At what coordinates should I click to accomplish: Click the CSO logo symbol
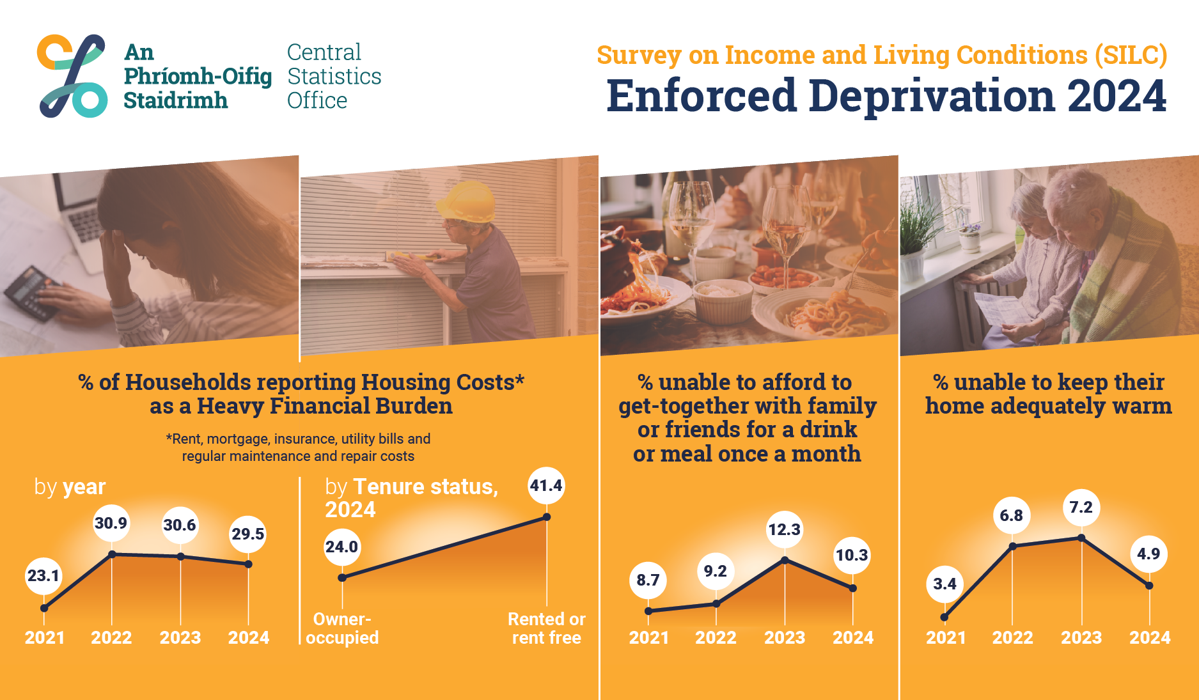(x=72, y=76)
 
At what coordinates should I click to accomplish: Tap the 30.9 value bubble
(x=111, y=524)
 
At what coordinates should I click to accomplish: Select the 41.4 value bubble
(x=546, y=486)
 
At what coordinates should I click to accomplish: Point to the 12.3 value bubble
(x=785, y=529)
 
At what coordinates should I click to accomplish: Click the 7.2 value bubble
(x=1081, y=508)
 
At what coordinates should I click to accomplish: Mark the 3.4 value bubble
(x=945, y=584)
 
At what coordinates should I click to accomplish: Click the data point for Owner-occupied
(x=342, y=578)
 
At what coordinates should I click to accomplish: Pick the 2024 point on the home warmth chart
(x=1149, y=586)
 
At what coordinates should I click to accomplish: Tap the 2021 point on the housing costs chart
(x=44, y=608)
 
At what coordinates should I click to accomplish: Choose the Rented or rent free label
(x=547, y=628)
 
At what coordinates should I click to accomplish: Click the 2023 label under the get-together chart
(x=785, y=638)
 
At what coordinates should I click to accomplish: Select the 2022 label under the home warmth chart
(x=1012, y=638)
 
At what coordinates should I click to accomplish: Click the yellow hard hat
(x=466, y=201)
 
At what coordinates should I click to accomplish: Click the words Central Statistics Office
(x=334, y=76)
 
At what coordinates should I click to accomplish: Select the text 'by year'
(x=70, y=487)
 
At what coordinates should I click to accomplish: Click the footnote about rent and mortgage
(x=298, y=447)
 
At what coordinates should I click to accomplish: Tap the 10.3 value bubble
(x=852, y=556)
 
